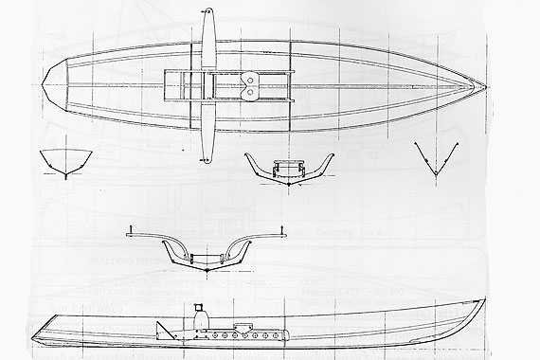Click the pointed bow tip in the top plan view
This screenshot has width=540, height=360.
point(488,88)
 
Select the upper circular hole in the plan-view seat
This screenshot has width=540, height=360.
point(250,80)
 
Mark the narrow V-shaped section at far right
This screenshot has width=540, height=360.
point(436,163)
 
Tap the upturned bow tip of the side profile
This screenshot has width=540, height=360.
point(484,302)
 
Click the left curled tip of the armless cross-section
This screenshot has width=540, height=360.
point(244,154)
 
